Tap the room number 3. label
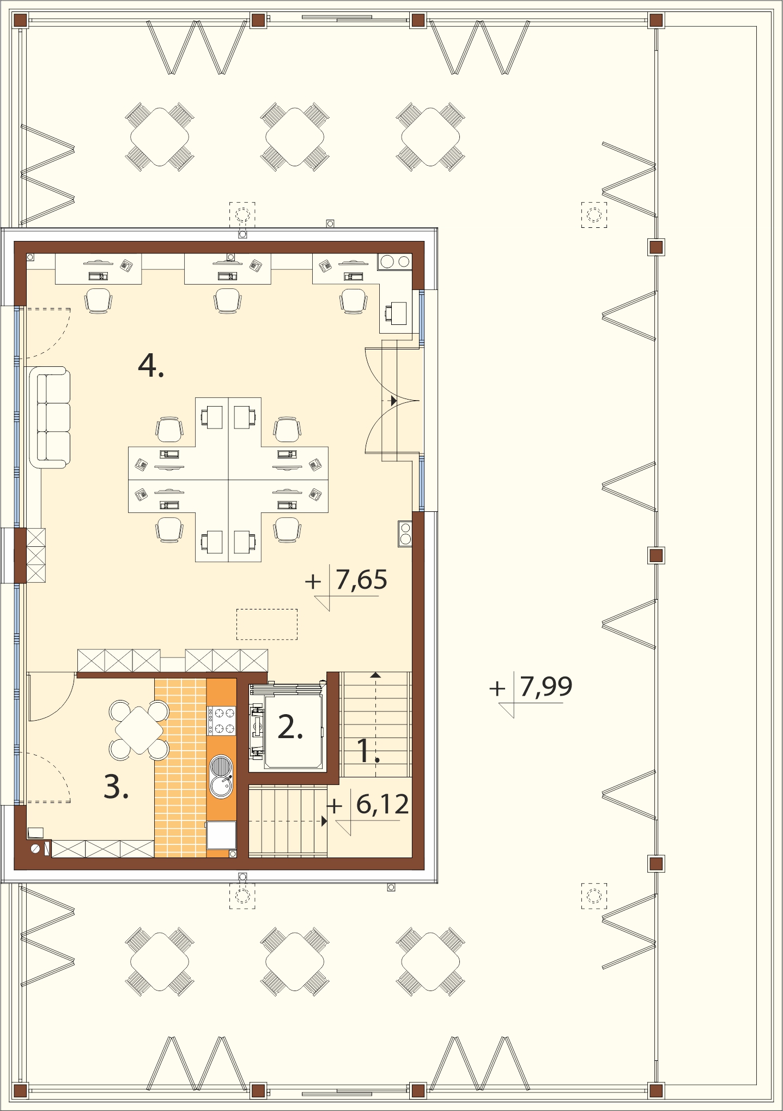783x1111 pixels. [x=116, y=787]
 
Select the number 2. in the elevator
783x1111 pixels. [x=290, y=727]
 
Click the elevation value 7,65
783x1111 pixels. [x=361, y=579]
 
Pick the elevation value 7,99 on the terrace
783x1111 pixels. [x=546, y=686]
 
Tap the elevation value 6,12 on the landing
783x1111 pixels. [x=383, y=804]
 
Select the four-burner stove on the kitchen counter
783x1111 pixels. [x=222, y=720]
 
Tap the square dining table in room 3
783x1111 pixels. [x=139, y=730]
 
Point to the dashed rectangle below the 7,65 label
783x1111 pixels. [x=267, y=624]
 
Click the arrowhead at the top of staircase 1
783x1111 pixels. [x=375, y=675]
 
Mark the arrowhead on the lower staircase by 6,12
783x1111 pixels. [x=324, y=820]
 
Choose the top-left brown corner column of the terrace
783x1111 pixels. [x=20, y=21]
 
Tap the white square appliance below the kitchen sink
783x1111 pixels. [x=221, y=835]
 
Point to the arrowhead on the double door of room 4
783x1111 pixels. [x=393, y=401]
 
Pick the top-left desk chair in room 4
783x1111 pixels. [x=99, y=300]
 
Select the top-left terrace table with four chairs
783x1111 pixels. [x=159, y=136]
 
